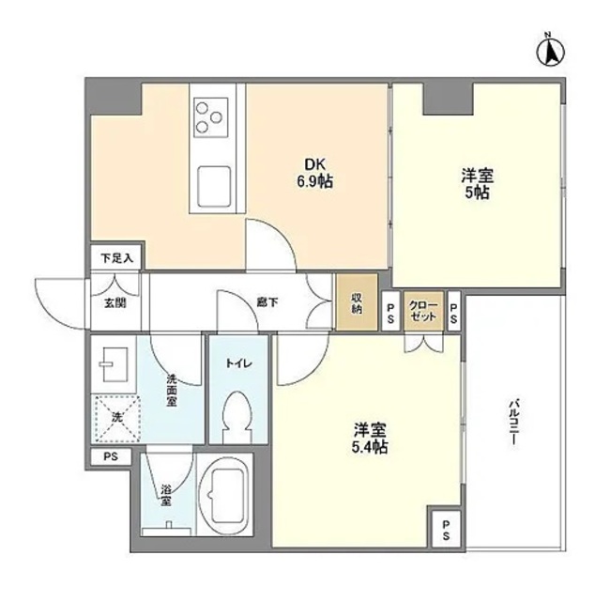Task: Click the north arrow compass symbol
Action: click(551, 52)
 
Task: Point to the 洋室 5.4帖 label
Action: click(371, 439)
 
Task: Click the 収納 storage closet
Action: click(358, 301)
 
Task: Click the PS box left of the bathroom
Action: click(112, 458)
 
